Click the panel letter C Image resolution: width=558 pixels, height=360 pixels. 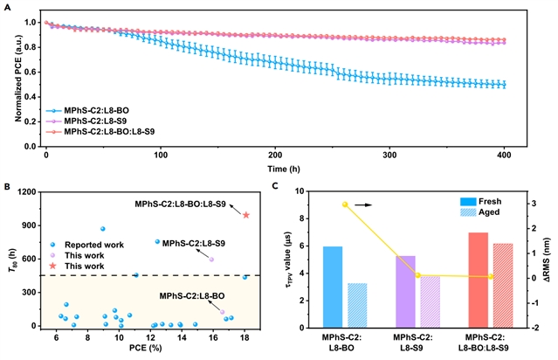pyautogui.click(x=278, y=185)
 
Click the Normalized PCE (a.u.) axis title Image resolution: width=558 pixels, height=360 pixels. pyautogui.click(x=15, y=74)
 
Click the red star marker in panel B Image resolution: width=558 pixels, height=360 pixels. pyautogui.click(x=246, y=214)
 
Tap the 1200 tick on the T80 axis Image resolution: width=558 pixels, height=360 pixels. pyautogui.click(x=31, y=191)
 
